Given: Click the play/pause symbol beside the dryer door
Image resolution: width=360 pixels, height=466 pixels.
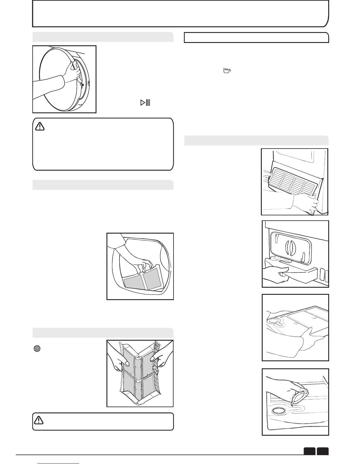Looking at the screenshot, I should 145,103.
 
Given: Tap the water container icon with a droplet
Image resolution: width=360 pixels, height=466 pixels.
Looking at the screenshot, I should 227,71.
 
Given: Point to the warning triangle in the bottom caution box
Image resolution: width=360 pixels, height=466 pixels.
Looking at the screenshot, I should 39,420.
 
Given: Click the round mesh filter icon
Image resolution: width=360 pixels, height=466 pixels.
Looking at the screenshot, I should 37,349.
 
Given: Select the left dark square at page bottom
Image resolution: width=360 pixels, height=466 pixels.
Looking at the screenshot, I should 310,451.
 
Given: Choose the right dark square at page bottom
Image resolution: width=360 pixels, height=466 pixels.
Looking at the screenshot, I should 323,451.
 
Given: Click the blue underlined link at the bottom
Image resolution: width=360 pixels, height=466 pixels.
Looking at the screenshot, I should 59,464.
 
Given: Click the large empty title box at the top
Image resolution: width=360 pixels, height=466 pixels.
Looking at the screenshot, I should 180,14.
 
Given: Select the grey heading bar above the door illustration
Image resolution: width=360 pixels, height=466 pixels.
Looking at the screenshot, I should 103,37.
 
